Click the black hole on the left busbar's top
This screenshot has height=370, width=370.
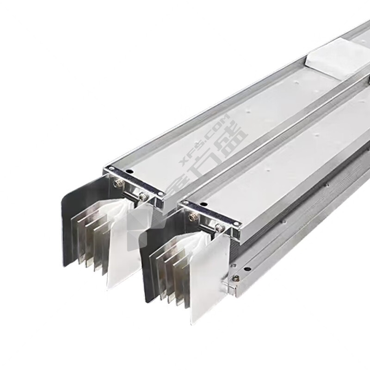click(128, 172)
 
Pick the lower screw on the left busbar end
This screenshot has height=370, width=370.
click(142, 196)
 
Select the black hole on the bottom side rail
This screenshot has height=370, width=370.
click(247, 269)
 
